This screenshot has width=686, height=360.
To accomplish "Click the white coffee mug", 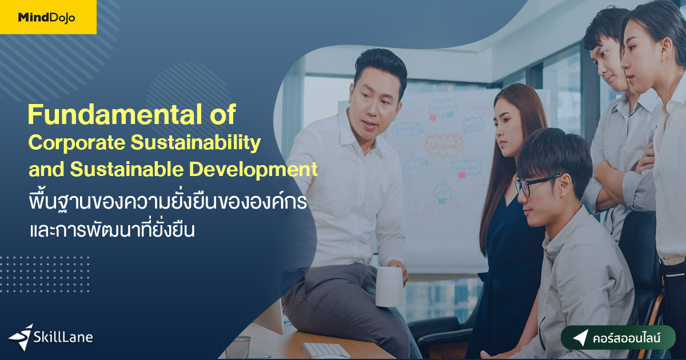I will click(x=389, y=286).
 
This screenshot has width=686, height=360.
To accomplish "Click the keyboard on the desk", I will click(x=326, y=350).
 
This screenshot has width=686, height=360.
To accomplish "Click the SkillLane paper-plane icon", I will click(x=22, y=336).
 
